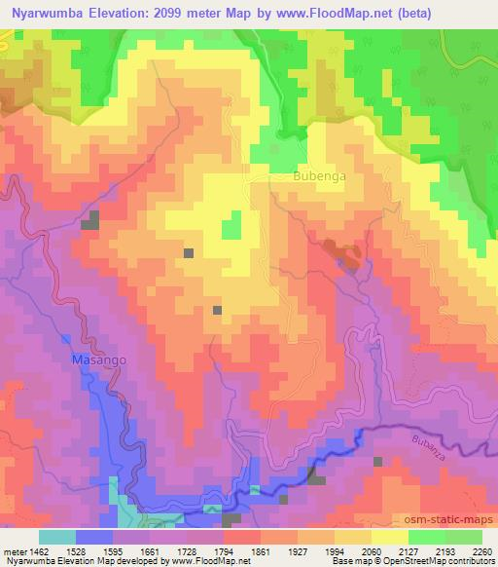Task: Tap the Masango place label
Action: (x=98, y=359)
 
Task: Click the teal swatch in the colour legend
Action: (x=56, y=537)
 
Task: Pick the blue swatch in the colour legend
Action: (x=93, y=537)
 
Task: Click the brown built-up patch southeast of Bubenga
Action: (x=340, y=253)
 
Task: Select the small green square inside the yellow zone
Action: (x=231, y=228)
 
